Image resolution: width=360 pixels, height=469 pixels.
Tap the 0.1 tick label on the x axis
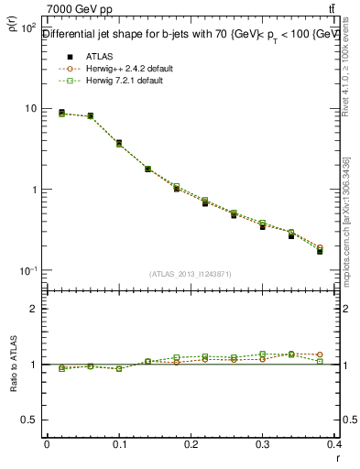(119, 443)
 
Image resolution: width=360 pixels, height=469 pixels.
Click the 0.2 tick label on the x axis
(191, 443)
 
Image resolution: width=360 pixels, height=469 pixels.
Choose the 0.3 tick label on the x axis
(264, 443)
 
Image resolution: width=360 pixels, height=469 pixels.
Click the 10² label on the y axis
(28, 28)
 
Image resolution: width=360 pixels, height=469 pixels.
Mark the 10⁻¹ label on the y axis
(28, 271)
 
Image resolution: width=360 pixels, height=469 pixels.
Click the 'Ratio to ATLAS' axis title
(12, 364)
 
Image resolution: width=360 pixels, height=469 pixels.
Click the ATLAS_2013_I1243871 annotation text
(191, 274)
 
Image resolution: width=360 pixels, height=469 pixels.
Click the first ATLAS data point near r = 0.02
(61, 113)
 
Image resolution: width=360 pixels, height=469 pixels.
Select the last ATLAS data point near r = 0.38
(321, 250)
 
